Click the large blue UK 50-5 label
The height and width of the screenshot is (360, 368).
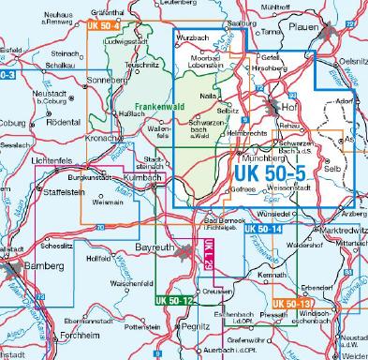(272, 173)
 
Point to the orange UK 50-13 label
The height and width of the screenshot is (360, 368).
(293, 303)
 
